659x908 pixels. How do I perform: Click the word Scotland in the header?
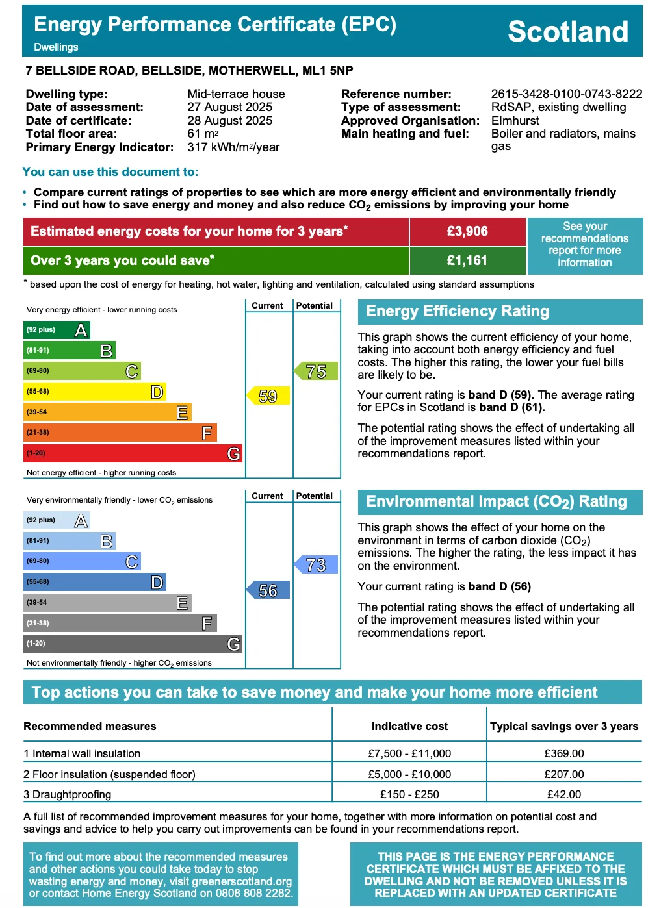(x=567, y=31)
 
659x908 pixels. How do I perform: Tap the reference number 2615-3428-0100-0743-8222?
(x=566, y=94)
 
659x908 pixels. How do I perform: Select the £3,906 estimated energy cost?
(x=467, y=231)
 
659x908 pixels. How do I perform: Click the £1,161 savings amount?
(x=467, y=260)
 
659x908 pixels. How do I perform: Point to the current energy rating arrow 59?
(x=268, y=396)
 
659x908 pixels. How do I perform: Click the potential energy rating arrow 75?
(x=316, y=372)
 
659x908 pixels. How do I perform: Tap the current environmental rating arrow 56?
(x=268, y=590)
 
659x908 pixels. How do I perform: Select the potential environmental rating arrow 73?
(x=316, y=565)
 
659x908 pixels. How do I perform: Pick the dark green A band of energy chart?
(x=57, y=330)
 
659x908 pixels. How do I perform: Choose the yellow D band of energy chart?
(x=95, y=392)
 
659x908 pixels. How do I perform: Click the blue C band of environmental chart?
(x=82, y=561)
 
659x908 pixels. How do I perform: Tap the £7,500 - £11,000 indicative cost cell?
(x=409, y=753)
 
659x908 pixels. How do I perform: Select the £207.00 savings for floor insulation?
(x=564, y=774)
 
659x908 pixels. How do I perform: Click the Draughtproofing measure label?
(x=71, y=794)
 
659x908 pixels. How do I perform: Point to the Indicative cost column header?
(x=409, y=726)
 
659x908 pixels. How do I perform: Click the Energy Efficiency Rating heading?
(x=458, y=311)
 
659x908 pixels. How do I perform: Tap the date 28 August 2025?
(x=230, y=121)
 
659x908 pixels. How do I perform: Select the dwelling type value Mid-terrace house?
(x=236, y=94)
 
